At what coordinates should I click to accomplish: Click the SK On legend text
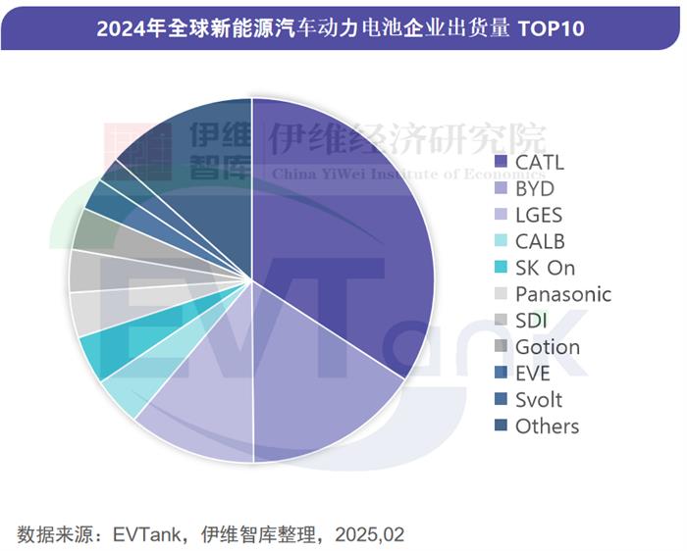pos(545,268)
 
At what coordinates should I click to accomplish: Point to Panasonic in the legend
pos(562,294)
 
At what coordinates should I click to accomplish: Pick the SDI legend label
pos(533,321)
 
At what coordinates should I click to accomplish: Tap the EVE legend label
pos(533,374)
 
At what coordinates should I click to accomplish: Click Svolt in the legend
pos(539,400)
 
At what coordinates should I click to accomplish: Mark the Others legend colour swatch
pos(502,426)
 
